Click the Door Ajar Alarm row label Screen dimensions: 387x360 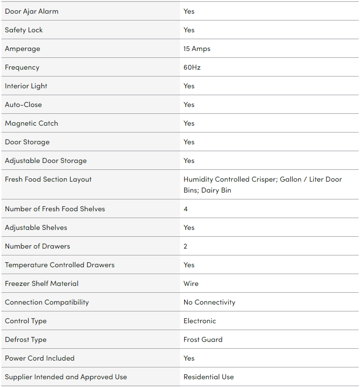(31, 11)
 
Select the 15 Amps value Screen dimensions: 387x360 (197, 49)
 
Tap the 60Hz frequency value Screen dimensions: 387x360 (192, 67)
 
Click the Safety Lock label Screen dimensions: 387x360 (24, 30)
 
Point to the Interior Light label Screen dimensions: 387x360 (26, 86)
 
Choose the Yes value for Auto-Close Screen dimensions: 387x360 (189, 105)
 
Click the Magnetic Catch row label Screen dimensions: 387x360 (31, 123)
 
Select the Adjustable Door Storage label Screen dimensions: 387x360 (46, 161)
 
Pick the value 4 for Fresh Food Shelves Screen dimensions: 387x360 (185, 209)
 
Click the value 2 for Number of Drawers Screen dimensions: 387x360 (185, 246)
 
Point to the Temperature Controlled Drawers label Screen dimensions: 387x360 (60, 265)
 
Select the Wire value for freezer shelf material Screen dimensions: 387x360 (191, 284)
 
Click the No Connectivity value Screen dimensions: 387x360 (209, 302)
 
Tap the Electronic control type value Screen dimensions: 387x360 (200, 321)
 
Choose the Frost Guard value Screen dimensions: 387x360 (203, 340)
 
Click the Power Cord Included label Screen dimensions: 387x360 (40, 358)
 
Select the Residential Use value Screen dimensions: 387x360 (208, 377)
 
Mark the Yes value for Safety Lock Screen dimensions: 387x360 (189, 30)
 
